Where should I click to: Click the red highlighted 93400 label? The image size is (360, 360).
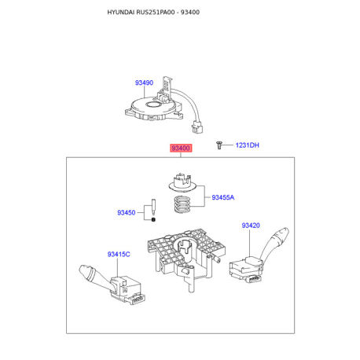181,148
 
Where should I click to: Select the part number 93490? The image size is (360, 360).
144,83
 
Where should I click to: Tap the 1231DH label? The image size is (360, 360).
247,145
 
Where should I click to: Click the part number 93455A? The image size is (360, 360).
223,197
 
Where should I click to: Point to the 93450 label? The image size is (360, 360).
127,212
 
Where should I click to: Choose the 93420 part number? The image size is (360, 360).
251,226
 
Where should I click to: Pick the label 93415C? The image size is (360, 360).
119,254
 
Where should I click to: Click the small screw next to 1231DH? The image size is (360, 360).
219,145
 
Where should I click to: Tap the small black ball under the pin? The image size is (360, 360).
153,219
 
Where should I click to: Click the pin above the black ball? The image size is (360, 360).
153,208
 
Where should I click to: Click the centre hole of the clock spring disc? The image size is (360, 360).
153,105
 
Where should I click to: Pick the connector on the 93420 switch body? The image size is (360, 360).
254,279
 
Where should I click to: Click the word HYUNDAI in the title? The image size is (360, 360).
121,13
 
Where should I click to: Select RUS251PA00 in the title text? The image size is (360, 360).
156,13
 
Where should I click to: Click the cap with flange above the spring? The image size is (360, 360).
182,182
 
